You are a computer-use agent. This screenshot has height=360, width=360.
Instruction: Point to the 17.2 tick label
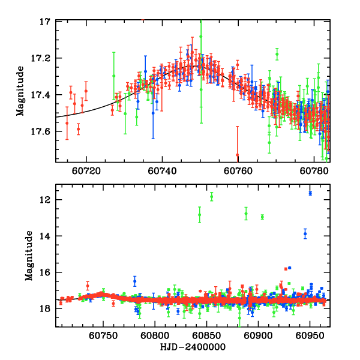pos(44,58)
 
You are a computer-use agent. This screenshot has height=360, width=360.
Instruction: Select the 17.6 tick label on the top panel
pos(44,131)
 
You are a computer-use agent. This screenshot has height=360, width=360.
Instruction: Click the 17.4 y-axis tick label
pos(44,95)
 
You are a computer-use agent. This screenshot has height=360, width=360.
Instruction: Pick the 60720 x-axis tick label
pos(86,170)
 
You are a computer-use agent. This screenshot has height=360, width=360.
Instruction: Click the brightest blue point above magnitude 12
pos(310,193)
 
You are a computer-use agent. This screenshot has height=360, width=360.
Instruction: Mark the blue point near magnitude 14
pos(305,233)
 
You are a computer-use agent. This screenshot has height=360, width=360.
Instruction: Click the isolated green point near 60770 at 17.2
pos(277,54)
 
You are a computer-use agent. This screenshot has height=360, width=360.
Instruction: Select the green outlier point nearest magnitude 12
pos(211,196)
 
